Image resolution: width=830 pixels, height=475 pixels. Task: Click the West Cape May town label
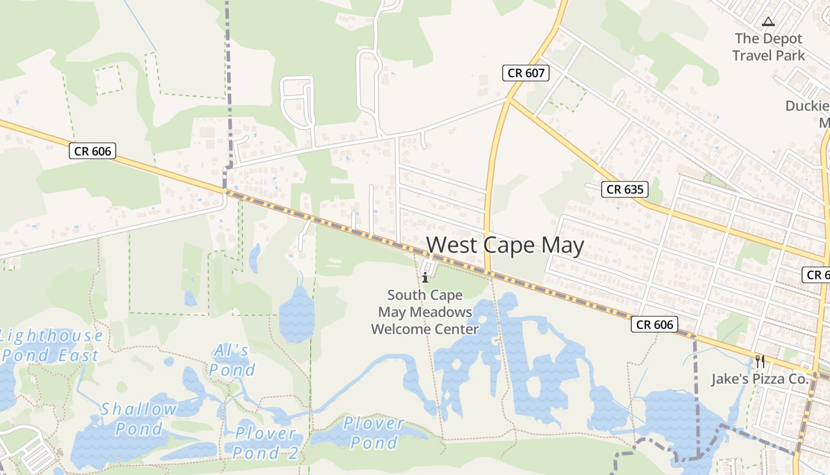505,245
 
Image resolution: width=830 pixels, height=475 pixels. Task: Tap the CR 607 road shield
526,73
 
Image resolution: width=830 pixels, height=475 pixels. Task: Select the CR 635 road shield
625,189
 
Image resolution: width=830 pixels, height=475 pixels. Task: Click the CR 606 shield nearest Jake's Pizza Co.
655,324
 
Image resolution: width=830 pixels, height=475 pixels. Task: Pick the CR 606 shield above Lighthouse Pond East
93,151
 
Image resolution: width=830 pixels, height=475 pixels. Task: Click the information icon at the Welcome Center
425,277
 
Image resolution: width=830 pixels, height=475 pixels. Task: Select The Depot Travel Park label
768,47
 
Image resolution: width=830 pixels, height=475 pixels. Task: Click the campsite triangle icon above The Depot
768,22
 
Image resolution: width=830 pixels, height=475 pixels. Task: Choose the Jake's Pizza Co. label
760,379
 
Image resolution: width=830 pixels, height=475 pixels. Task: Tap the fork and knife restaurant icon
759,360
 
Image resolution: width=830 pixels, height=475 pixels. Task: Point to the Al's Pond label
232,360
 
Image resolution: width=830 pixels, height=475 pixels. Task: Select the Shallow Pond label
139,419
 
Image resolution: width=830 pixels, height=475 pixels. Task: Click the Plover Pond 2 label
265,443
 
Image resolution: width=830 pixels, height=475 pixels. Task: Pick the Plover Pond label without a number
373,433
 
